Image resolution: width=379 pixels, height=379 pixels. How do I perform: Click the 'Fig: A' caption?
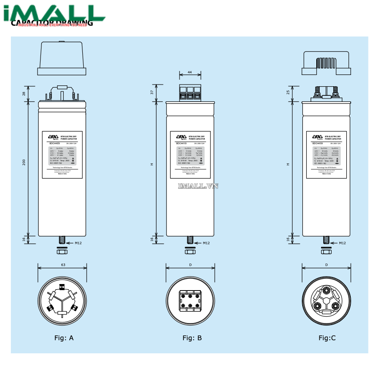coord(64,338)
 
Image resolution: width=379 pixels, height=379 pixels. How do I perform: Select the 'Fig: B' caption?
coord(192,338)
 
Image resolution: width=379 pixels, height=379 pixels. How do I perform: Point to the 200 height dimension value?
coord(24,162)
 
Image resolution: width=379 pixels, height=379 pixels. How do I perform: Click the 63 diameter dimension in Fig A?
coord(63,265)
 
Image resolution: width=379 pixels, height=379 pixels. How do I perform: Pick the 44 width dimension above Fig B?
coord(189,72)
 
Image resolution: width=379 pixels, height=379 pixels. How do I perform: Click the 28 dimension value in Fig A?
coord(24,94)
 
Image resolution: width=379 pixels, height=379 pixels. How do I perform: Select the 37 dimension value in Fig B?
coord(152,92)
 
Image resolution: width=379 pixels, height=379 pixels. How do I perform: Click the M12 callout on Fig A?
coord(78,243)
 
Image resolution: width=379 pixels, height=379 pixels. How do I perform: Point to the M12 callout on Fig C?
coord(342,243)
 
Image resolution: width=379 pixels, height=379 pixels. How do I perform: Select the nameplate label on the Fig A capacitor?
coord(62,155)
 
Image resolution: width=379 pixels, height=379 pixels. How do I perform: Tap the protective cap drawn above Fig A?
coord(62,59)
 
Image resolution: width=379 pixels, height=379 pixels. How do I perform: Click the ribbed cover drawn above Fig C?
coord(327,64)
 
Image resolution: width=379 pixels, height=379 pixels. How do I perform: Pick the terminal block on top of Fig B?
coord(190,93)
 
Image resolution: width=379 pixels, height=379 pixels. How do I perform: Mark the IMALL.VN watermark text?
coord(198,186)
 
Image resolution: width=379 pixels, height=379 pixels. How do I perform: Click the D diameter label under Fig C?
coord(326,265)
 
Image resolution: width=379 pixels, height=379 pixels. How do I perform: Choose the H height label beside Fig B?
coord(152,164)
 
